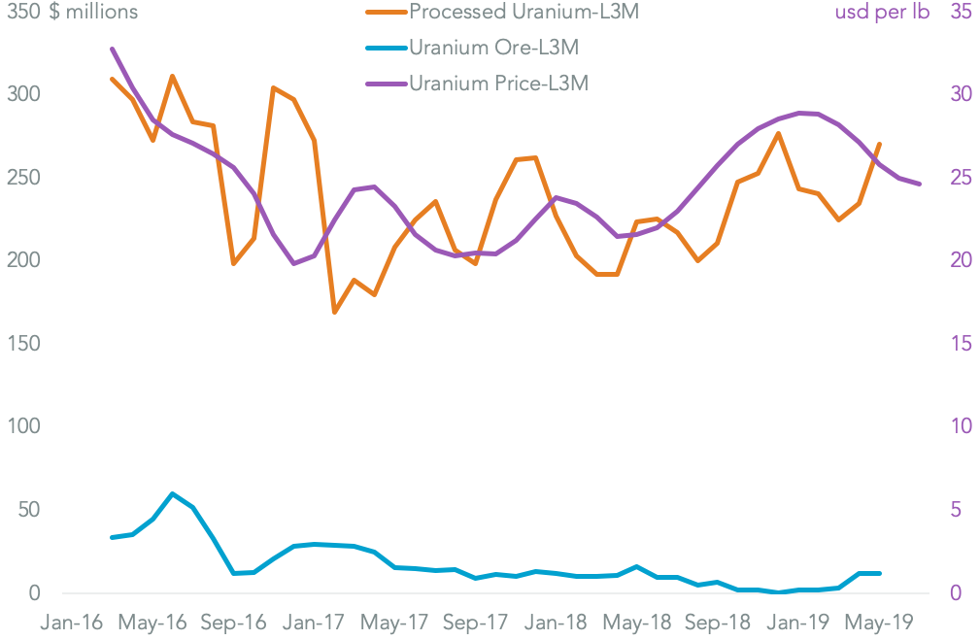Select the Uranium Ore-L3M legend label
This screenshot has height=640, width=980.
tap(499, 48)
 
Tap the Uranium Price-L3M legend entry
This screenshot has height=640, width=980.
tap(498, 84)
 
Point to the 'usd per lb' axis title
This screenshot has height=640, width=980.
tap(882, 13)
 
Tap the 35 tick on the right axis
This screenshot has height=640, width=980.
tap(959, 13)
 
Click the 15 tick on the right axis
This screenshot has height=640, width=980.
tap(959, 344)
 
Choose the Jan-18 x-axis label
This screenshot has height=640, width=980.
tap(558, 623)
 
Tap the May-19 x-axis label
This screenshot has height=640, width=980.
tap(877, 623)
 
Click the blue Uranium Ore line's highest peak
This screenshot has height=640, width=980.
tap(173, 493)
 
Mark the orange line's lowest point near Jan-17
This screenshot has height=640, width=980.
tap(335, 312)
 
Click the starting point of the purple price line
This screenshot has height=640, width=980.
tap(113, 49)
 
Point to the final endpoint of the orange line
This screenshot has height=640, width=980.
tap(879, 145)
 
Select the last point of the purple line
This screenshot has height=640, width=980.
tap(919, 184)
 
